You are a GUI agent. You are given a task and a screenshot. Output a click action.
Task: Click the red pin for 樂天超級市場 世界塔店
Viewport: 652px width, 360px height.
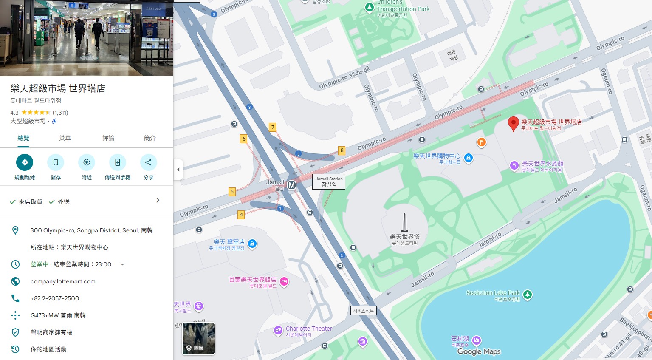514,123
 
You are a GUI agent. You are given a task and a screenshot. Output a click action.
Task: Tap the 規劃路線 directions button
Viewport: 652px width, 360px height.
25,162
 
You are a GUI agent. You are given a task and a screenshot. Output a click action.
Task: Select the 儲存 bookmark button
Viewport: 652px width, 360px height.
56,162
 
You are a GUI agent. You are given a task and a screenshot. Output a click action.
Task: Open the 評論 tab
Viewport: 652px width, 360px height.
108,138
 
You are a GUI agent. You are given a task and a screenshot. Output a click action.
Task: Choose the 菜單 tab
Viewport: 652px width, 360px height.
65,138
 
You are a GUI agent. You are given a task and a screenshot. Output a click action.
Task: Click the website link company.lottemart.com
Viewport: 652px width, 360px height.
63,281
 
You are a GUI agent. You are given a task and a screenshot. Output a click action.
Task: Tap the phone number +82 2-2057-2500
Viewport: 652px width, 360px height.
55,298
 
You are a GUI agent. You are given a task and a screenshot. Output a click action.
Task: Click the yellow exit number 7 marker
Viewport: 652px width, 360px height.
273,127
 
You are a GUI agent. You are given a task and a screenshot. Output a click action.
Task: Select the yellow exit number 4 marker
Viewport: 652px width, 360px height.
241,215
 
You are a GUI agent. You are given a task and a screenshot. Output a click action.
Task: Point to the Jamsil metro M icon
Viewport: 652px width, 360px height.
291,185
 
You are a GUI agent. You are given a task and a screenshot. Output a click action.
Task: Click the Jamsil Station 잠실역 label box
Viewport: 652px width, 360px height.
329,181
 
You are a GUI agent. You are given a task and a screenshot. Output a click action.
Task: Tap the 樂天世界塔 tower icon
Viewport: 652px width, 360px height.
405,223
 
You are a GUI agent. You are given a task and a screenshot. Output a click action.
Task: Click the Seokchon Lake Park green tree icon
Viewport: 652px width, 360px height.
527,294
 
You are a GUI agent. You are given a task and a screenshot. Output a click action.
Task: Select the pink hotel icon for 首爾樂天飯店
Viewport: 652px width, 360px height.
284,281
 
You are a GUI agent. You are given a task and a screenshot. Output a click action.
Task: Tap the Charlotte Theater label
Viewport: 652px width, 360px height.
308,329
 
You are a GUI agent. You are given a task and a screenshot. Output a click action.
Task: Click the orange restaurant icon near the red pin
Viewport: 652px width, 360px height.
481,142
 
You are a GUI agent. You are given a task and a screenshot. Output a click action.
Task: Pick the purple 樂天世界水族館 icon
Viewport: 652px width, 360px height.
514,165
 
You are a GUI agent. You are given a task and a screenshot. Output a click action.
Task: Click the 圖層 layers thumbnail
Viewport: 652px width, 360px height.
198,338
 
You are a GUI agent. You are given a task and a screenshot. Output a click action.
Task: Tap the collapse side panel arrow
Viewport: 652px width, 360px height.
178,170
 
